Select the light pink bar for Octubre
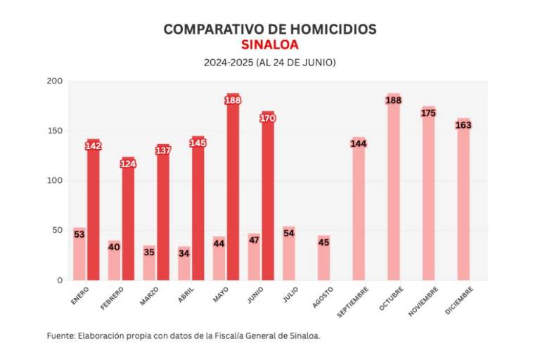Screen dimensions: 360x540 pos(393,197)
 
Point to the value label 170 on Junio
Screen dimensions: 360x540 pos(267,118)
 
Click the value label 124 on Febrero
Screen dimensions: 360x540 pos(128,164)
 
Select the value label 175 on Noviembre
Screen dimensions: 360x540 pos(428,112)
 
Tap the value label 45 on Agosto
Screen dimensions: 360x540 pos(323,243)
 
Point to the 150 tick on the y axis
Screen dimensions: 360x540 pos(55,131)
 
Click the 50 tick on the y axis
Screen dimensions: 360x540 pos(58,230)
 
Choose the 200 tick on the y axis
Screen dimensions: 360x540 pos(55,82)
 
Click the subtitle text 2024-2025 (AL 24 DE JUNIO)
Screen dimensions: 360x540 pos(270,63)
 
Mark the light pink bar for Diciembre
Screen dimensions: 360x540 pos(463,204)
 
